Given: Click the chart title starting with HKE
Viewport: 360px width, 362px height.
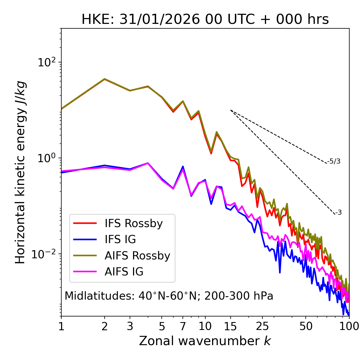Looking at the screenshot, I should tap(205, 20).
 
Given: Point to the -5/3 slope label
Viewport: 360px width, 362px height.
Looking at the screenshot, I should tap(334, 161).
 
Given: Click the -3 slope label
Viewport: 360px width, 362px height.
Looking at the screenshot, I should tap(338, 212).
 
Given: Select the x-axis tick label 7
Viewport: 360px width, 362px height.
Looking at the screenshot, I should tap(183, 326).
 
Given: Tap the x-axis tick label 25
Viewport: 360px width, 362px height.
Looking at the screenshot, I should tap(262, 326).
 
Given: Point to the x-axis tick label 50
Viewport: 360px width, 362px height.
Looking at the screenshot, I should tap(306, 326).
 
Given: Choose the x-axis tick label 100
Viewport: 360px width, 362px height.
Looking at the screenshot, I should tap(349, 326).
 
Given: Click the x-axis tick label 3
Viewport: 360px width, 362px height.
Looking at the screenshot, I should tap(130, 326).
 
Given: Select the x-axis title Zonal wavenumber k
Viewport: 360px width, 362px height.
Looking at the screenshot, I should tap(205, 341).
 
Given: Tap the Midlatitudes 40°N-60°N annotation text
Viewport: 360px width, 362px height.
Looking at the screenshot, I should tap(169, 296).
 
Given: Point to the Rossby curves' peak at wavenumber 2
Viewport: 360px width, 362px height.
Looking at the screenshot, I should tap(105, 79).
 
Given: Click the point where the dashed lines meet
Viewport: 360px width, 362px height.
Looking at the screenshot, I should tap(231, 110).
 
